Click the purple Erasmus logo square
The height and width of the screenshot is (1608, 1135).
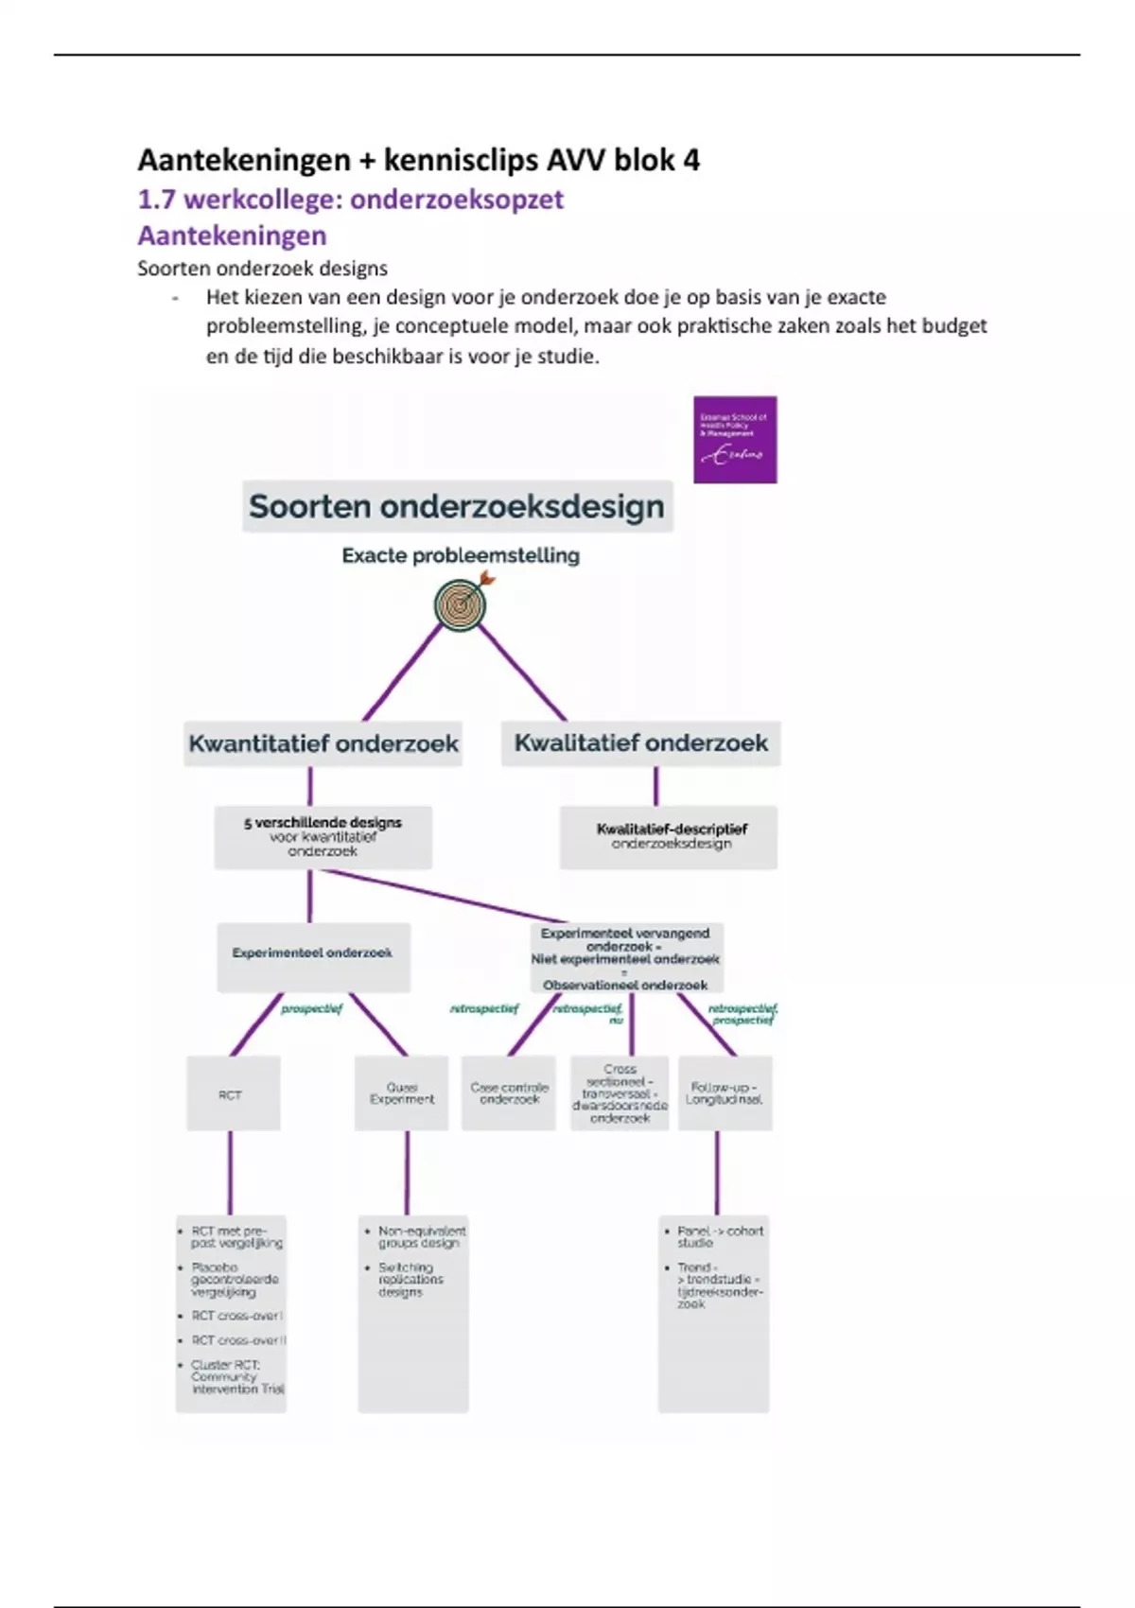735,440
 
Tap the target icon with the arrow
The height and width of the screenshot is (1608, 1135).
462,604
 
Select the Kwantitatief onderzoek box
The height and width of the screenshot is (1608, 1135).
323,743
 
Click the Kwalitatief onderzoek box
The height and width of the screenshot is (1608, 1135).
640,743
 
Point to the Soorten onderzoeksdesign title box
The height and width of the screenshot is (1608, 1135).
457,506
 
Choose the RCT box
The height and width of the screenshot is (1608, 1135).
233,1094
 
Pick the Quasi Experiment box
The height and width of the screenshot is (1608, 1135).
402,1094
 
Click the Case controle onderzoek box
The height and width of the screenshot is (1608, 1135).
509,1094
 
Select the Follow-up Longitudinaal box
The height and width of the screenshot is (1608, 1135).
725,1094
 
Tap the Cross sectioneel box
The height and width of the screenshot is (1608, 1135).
620,1094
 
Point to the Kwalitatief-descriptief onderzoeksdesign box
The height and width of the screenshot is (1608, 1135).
670,836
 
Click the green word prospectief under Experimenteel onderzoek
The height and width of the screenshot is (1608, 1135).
312,1009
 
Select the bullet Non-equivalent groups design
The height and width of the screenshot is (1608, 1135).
421,1237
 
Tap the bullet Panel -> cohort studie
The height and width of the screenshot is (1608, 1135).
719,1237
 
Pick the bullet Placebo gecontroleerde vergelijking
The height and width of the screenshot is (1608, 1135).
235,1280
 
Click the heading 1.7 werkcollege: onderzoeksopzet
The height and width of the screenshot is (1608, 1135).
350,200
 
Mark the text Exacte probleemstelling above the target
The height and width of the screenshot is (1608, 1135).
461,555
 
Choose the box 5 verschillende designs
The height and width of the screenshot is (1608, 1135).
323,836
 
